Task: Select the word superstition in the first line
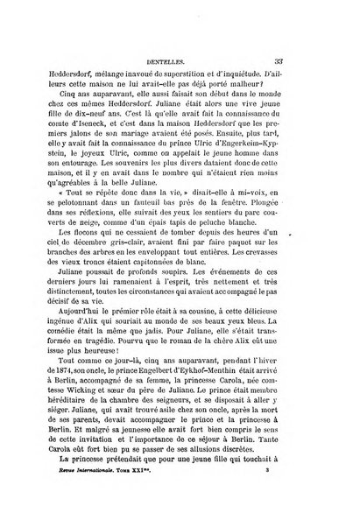198,53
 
